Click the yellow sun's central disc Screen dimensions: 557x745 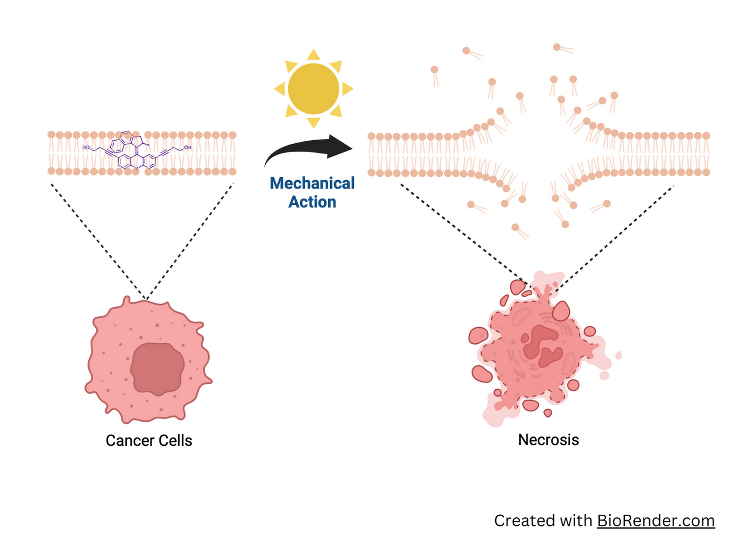[313, 89]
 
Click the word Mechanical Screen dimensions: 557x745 [312, 184]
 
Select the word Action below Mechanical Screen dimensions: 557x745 [312, 202]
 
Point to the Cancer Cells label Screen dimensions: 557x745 [149, 440]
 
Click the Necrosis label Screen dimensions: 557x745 [548, 439]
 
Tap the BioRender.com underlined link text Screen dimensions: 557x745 [655, 521]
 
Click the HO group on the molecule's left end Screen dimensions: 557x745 [86, 148]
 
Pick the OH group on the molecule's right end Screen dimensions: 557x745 [187, 148]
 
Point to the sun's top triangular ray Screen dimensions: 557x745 [313, 54]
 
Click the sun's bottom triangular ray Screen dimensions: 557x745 [313, 123]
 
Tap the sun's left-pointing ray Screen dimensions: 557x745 [279, 89]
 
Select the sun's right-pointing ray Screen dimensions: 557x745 [347, 89]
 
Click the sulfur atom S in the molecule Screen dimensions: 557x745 [137, 169]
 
